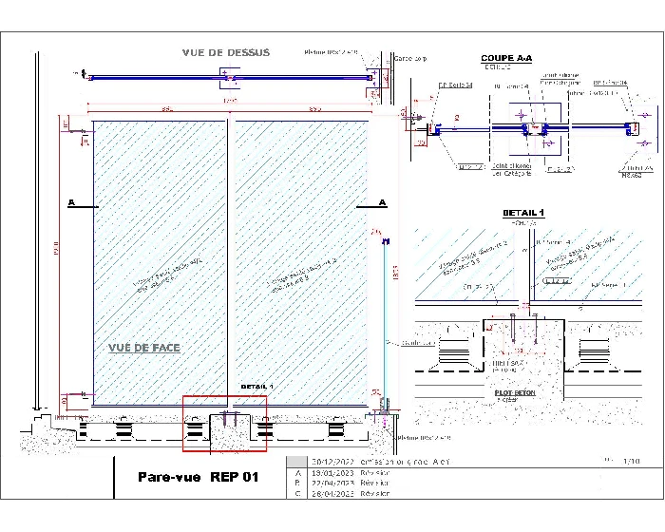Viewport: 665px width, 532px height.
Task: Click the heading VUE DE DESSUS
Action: (226, 52)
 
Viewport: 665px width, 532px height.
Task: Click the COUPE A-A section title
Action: (506, 58)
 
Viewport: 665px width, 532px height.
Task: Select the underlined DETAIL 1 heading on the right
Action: (522, 213)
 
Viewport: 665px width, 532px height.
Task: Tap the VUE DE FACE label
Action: (143, 348)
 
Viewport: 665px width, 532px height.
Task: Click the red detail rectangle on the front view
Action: (224, 423)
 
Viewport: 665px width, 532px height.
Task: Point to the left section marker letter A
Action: (71, 203)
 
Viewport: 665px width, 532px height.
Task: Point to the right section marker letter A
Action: (383, 203)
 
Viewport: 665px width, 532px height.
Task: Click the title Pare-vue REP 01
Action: (198, 477)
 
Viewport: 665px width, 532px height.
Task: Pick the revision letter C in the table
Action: (299, 493)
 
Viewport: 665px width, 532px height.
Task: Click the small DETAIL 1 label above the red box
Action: (256, 387)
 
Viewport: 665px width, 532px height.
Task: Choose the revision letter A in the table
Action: (299, 472)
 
